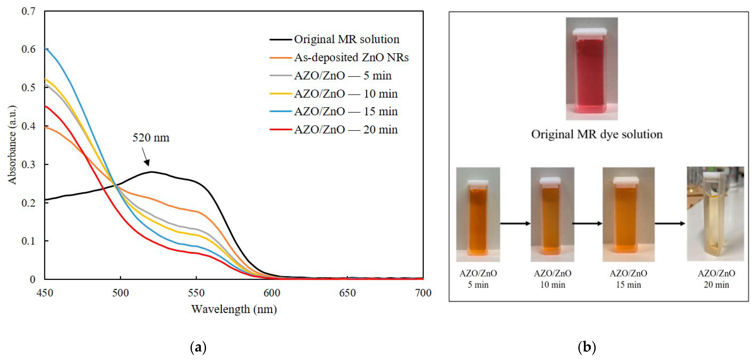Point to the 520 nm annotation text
pyautogui.click(x=151, y=137)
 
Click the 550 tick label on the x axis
pyautogui.click(x=196, y=293)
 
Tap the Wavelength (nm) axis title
pyautogui.click(x=234, y=309)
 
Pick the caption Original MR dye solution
pyautogui.click(x=597, y=134)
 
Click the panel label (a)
pyautogui.click(x=198, y=347)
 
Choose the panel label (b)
pyautogui.click(x=587, y=347)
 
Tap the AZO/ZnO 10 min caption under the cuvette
pyautogui.click(x=553, y=279)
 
